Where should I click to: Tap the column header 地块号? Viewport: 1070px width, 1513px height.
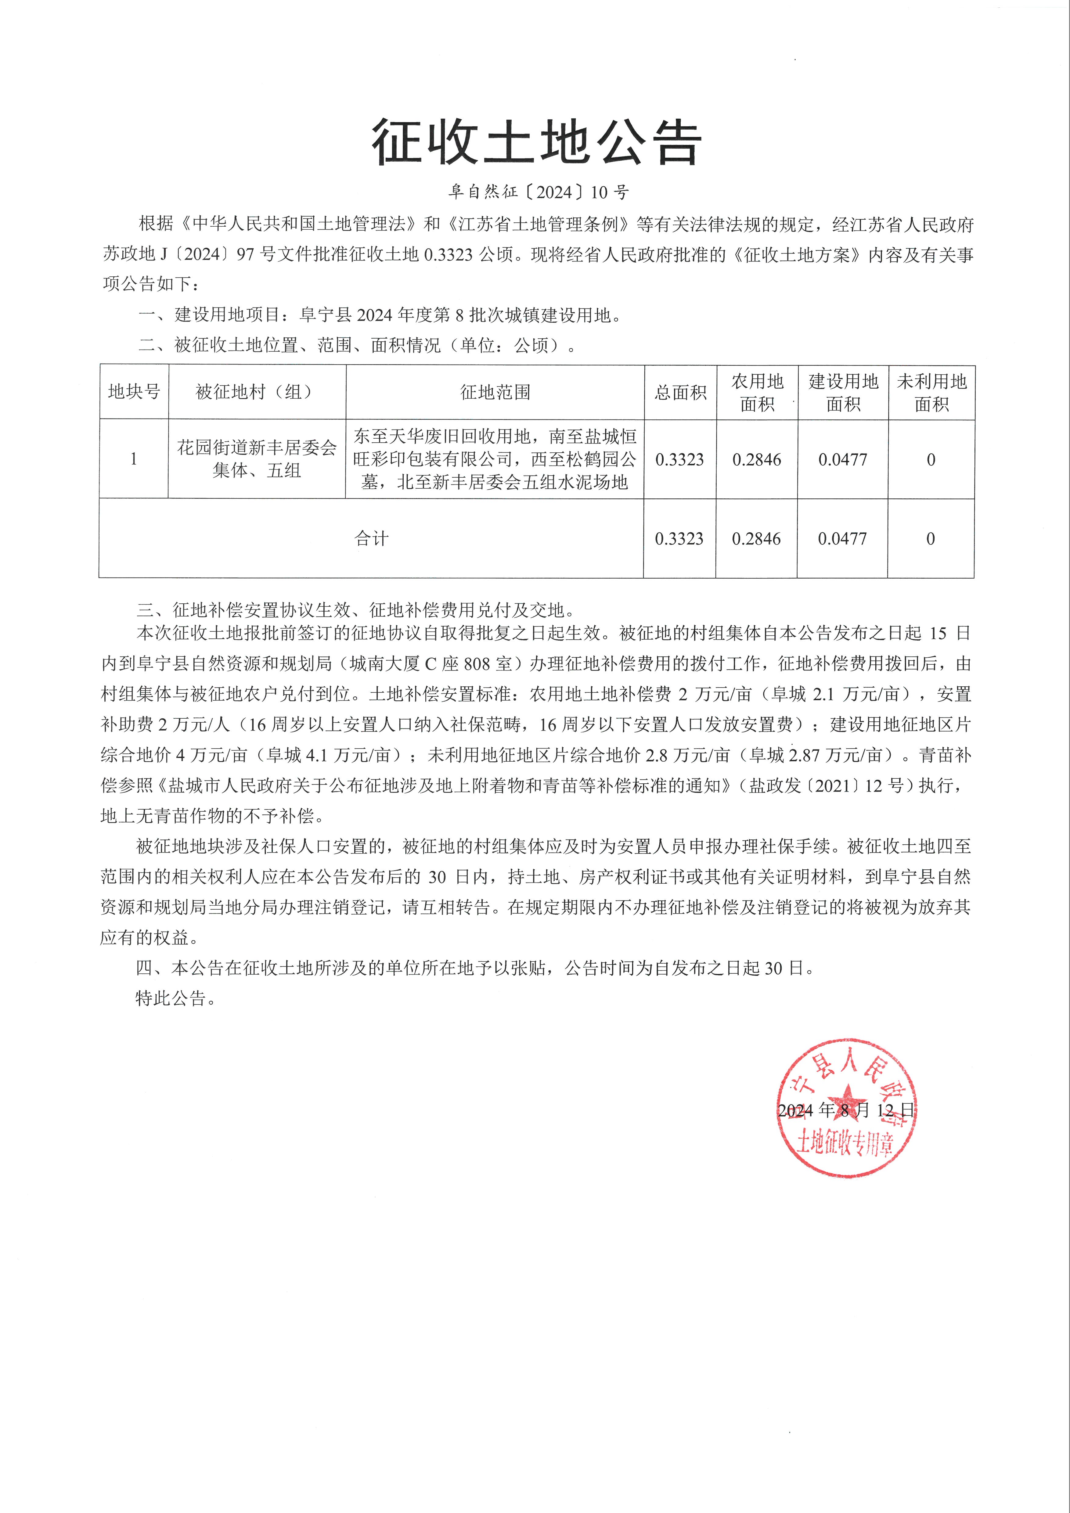pos(134,392)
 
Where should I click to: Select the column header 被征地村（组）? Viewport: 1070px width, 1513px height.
pos(257,392)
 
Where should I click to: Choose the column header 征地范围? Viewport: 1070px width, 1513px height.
pos(495,392)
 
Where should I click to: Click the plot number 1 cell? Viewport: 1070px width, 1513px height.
pos(134,459)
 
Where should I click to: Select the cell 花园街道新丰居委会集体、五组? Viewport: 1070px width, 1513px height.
pos(257,459)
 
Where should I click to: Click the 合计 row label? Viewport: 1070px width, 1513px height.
pos(371,538)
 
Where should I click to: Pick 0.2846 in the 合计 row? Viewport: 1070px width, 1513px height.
pos(756,538)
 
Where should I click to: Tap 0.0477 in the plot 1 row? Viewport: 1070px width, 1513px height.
pos(843,459)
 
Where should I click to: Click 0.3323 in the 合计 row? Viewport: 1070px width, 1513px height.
pos(679,538)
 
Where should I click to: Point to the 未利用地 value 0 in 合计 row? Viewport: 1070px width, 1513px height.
pos(930,538)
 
